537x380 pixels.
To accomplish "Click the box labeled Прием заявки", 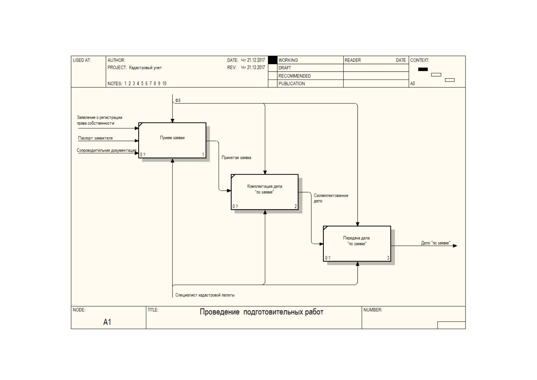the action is tap(172, 140).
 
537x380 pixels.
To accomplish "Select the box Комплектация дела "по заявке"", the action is tap(265, 192).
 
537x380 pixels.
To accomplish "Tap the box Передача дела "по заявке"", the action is tap(357, 243).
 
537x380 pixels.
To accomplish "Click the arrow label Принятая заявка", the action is tap(236, 158).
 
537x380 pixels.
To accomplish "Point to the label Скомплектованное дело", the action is tap(331, 198).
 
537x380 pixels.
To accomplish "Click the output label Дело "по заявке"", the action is tap(435, 243).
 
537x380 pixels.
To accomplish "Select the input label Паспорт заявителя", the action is tap(95, 138).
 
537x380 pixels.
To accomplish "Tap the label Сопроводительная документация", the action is tap(107, 150).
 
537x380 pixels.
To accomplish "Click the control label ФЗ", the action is tap(178, 100).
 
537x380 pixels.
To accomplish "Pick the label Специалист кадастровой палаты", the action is tap(205, 295).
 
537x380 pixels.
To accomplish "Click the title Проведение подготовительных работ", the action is tap(261, 312).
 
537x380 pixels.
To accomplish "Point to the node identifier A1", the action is tap(107, 322).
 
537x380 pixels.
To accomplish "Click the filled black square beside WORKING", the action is tap(272, 60).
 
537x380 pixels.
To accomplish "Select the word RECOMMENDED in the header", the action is tap(294, 76).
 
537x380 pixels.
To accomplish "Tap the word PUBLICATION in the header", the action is tap(291, 84).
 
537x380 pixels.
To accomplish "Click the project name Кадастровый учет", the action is tap(145, 68).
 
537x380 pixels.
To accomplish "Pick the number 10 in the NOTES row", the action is tap(164, 84).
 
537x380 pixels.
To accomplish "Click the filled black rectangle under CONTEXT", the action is tap(423, 69).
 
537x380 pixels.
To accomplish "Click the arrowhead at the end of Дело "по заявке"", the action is tap(455, 246).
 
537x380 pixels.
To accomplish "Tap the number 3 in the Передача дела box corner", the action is tap(388, 258).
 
